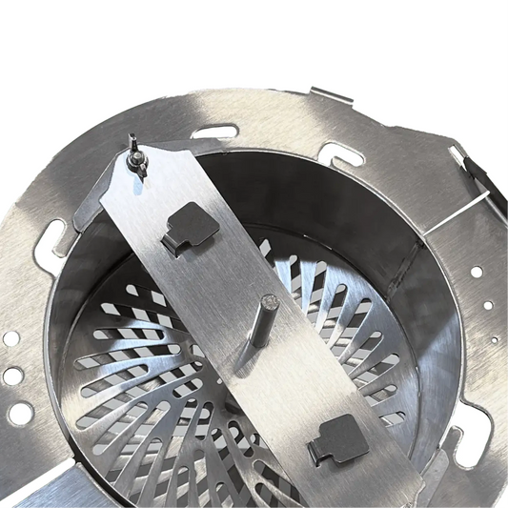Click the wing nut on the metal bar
coord(138,163)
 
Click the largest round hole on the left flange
coord(20,413)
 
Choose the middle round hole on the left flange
coord(12,376)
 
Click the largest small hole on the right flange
coord(476,272)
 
